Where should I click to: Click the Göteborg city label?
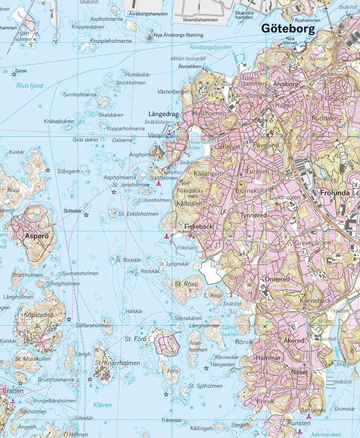[288, 29]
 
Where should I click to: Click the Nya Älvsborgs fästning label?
[179, 35]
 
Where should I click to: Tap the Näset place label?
[300, 372]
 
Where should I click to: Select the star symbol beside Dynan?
[14, 74]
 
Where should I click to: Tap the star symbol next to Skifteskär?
[86, 214]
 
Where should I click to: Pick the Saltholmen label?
[160, 178]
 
